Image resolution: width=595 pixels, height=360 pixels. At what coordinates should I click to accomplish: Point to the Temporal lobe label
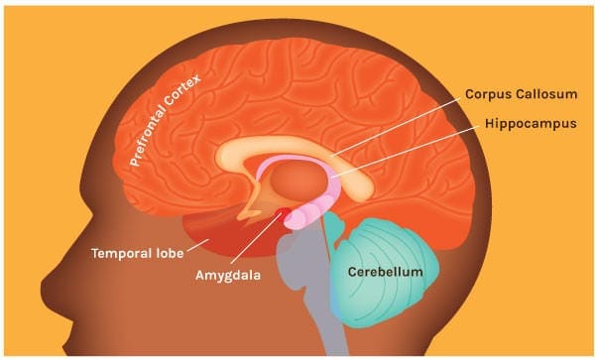pyautogui.click(x=138, y=251)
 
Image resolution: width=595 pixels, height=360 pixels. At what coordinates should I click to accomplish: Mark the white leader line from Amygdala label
pyautogui.click(x=261, y=242)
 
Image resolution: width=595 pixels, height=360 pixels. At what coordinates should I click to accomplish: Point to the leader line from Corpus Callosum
pyautogui.click(x=397, y=123)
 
